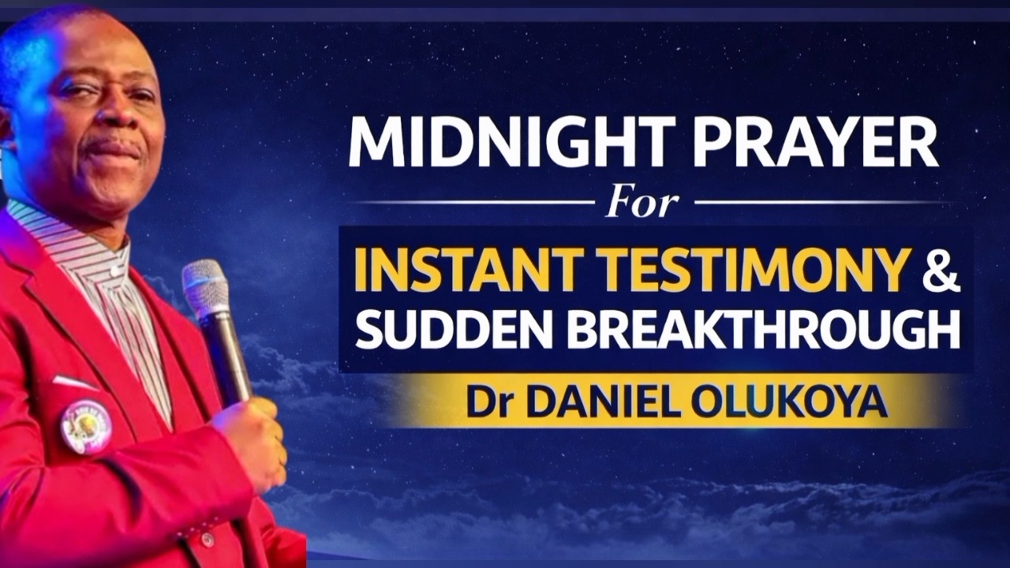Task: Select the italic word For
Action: (x=642, y=202)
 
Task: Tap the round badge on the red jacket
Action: (x=86, y=426)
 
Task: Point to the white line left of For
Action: (x=473, y=203)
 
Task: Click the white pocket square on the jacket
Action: (x=76, y=383)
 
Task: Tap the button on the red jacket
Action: (x=207, y=540)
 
